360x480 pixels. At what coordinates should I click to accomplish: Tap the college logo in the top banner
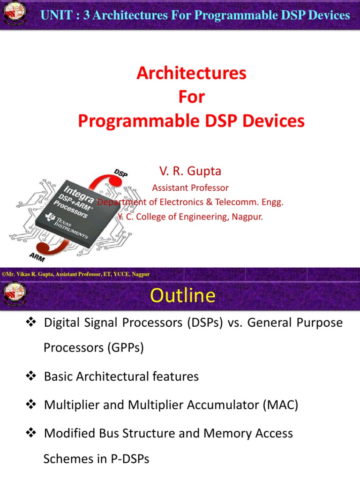[15, 15]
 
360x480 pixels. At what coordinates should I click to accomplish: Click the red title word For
[191, 97]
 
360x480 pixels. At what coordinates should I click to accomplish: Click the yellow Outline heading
[182, 296]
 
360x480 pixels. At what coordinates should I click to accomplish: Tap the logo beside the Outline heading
[15, 295]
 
